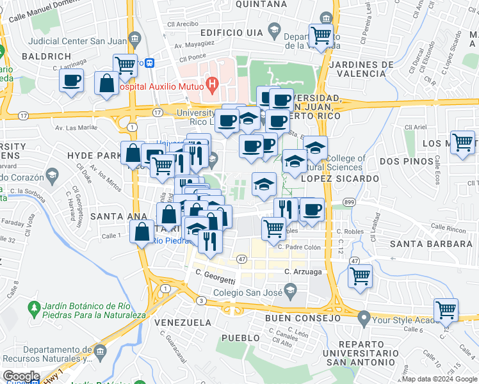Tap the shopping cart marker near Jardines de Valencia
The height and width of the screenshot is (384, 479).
tap(321, 35)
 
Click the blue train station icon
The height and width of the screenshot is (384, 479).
tap(149, 63)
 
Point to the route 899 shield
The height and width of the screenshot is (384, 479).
tap(349, 202)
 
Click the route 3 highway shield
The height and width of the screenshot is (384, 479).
tap(201, 300)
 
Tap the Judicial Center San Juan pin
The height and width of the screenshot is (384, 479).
tap(134, 36)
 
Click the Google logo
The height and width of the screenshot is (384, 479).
tap(20, 376)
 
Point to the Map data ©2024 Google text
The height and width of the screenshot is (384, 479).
tap(439, 379)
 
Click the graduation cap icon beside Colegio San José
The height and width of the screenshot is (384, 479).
tap(290, 292)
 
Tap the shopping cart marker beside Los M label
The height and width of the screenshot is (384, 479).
tap(462, 142)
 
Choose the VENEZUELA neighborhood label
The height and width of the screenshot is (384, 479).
tap(183, 322)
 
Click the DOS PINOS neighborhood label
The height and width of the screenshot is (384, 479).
tap(405, 162)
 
